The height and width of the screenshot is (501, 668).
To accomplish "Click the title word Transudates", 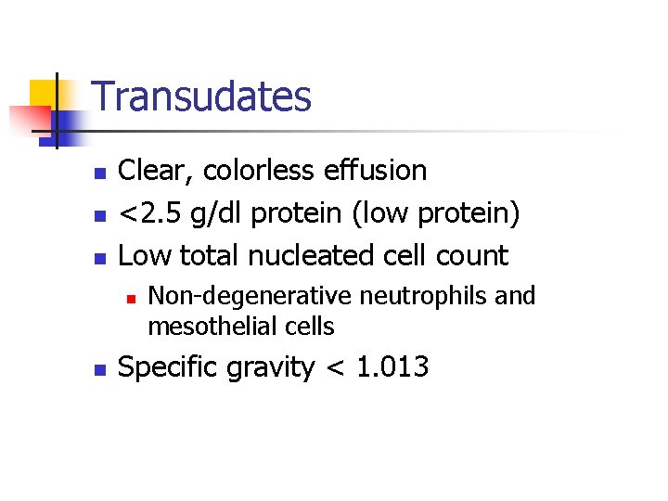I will pos(202,96).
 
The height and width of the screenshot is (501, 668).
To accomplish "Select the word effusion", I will pos(375,171).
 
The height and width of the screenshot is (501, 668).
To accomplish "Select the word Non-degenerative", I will pos(250,296).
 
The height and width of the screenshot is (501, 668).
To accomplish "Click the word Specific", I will pos(171,367).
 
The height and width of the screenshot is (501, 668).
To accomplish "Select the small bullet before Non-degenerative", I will pos(132,298).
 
